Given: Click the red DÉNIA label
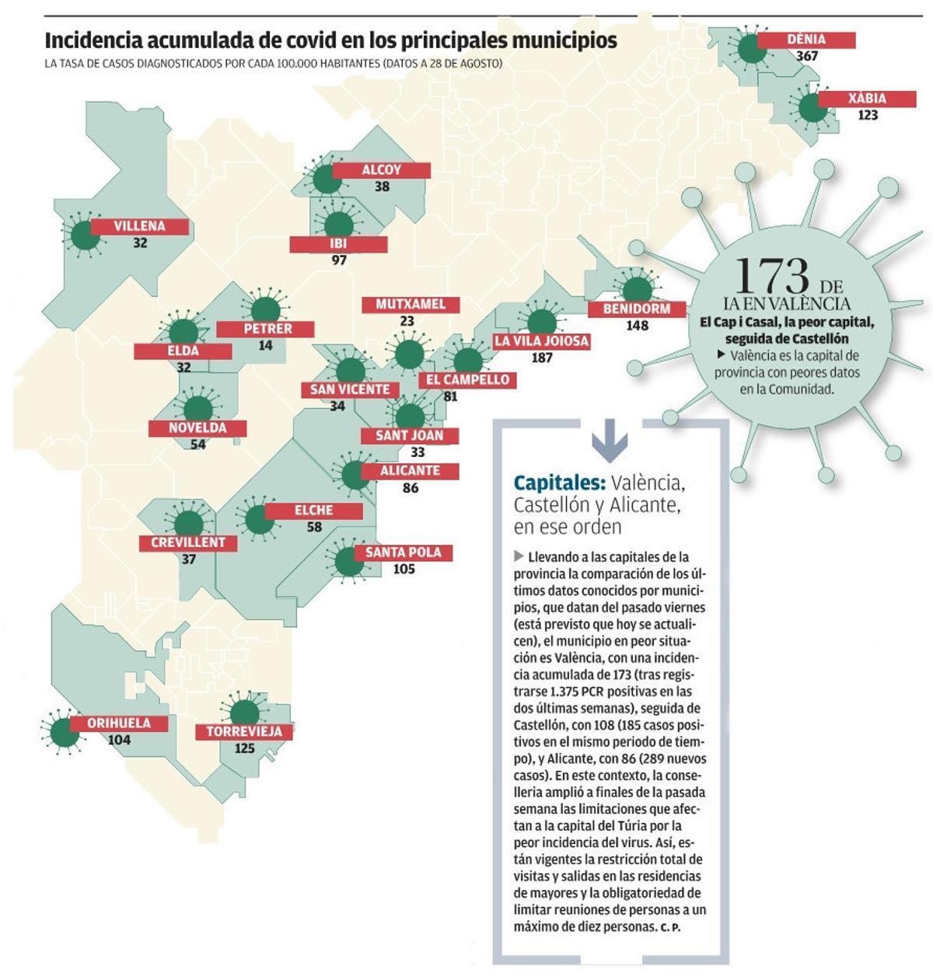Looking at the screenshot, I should tap(806, 40).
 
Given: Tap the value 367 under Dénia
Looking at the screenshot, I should tap(807, 56).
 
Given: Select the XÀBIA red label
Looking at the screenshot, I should tap(867, 99).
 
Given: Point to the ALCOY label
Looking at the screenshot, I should tap(381, 170).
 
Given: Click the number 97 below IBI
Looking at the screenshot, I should tap(339, 260).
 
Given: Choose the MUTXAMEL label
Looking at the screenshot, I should tap(411, 304).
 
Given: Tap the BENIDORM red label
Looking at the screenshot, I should tap(637, 309).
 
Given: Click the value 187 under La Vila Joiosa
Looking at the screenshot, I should tap(541, 358).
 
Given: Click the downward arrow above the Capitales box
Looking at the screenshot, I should tap(610, 441).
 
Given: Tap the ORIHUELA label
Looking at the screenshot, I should tap(119, 723).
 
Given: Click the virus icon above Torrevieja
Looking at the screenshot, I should tap(245, 712).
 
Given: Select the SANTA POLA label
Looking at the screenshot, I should tap(403, 553).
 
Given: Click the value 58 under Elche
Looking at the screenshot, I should tap(314, 527).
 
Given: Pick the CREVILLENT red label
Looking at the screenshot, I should tap(188, 543).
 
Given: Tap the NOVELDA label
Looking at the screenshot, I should tap(197, 428).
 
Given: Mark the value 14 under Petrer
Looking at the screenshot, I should tap(265, 345).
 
